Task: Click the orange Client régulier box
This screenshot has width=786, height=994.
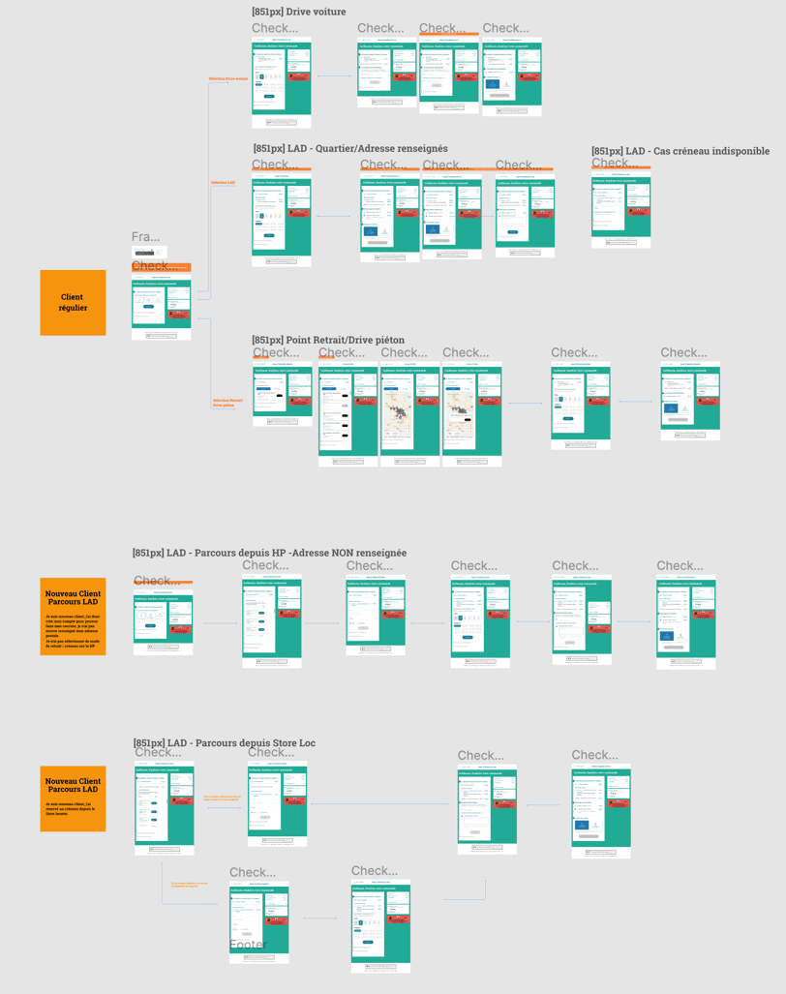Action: (73, 303)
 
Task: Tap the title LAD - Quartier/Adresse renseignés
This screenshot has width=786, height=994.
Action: (350, 148)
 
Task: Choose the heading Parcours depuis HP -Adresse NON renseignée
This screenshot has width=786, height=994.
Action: (269, 553)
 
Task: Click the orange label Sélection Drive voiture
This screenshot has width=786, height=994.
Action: (228, 78)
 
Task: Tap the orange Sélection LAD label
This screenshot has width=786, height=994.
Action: (224, 181)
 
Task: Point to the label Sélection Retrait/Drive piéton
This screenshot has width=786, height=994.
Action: (224, 402)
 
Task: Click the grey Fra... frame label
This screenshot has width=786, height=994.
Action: (145, 237)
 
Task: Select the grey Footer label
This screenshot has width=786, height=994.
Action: (248, 945)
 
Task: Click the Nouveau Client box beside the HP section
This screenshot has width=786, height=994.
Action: (73, 617)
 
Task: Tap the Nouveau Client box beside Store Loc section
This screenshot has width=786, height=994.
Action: (73, 798)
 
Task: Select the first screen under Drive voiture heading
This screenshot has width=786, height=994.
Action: (282, 83)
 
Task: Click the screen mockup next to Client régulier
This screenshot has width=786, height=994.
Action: (162, 306)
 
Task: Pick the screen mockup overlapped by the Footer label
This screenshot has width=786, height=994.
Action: (258, 921)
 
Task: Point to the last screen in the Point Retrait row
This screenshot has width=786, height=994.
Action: (690, 401)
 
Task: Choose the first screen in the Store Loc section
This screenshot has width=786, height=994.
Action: (164, 808)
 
